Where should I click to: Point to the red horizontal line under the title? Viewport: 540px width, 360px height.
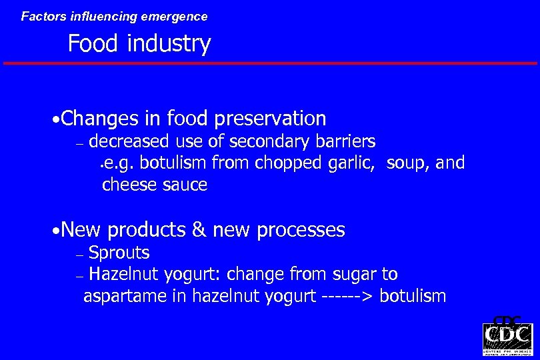[x=270, y=63]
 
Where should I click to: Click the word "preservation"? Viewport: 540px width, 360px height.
[x=270, y=119]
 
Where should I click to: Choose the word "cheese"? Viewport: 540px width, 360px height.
[x=129, y=185]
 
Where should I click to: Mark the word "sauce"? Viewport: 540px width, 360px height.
[x=185, y=185]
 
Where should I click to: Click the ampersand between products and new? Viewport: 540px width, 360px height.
[x=198, y=230]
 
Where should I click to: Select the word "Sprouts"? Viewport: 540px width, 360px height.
[x=119, y=253]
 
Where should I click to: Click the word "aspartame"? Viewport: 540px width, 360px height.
[x=125, y=296]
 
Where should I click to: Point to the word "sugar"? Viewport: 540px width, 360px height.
[x=355, y=274]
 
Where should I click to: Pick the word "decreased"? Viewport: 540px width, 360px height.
[x=131, y=141]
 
